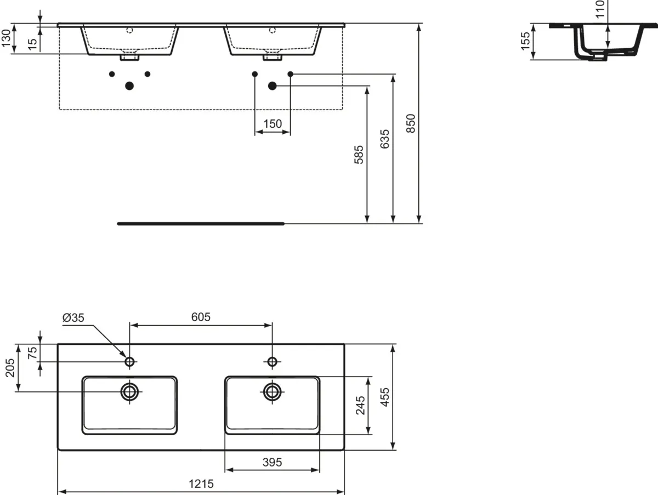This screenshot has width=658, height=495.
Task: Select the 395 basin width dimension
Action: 271,462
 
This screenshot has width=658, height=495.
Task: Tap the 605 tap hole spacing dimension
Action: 201,317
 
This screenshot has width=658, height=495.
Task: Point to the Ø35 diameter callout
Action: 73,317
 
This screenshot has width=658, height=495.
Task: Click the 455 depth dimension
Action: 385,397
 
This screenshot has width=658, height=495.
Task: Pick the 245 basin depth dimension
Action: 360,405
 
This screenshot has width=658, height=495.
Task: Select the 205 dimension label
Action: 9,368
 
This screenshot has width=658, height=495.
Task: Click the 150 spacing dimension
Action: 272,124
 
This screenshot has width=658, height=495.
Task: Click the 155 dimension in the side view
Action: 525,41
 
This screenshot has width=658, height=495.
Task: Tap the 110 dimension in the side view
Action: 600,9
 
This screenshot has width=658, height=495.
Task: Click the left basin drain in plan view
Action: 130,391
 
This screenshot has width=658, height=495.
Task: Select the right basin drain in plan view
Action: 272,391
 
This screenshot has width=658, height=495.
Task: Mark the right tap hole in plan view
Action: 272,361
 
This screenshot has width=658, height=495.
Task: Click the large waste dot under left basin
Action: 130,86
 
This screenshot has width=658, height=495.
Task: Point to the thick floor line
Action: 201,224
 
